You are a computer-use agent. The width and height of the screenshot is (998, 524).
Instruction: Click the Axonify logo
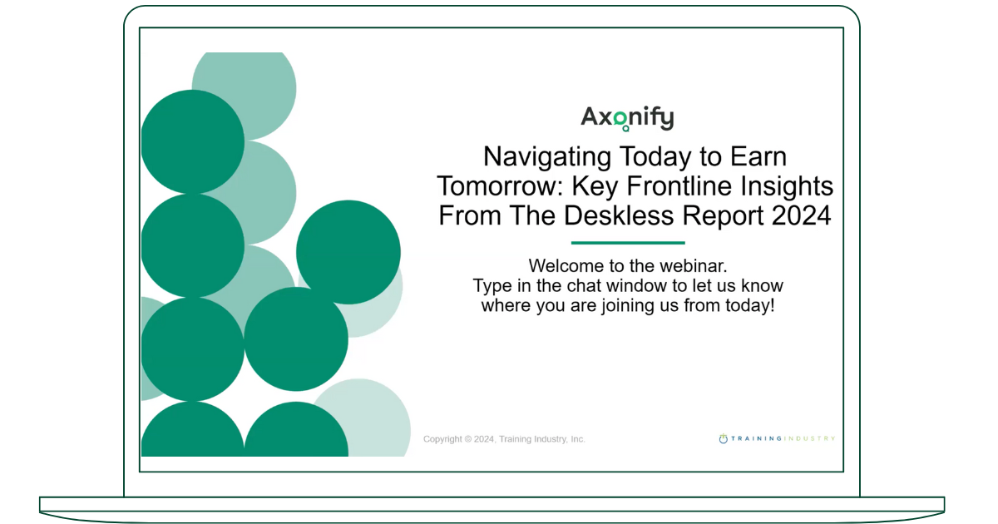[x=627, y=118]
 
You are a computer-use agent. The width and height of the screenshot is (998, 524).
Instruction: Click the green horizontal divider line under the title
[x=628, y=243]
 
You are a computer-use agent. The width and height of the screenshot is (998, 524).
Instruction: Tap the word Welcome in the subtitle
[x=562, y=266]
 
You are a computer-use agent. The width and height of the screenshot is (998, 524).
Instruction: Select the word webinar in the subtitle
[x=694, y=266]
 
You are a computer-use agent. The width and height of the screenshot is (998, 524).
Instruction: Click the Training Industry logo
[x=777, y=438]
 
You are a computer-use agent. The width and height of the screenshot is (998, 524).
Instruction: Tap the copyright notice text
[x=504, y=439]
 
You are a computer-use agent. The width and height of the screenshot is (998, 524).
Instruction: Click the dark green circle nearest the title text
[x=348, y=252]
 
